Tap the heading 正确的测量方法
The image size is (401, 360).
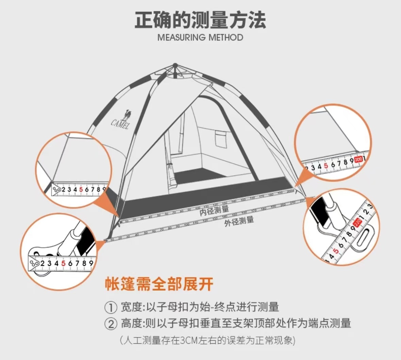click(x=200, y=20)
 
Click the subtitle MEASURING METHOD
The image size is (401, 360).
click(x=200, y=37)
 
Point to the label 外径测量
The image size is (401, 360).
click(x=239, y=221)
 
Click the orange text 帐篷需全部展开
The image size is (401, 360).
click(x=159, y=284)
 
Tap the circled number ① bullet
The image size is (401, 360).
click(x=110, y=308)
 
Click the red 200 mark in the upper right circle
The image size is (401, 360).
click(x=358, y=159)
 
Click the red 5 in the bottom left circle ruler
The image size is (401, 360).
click(x=63, y=263)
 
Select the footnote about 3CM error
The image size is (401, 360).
click(x=207, y=340)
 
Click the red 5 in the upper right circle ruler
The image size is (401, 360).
click(x=326, y=166)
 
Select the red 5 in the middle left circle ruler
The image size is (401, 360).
click(x=81, y=189)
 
